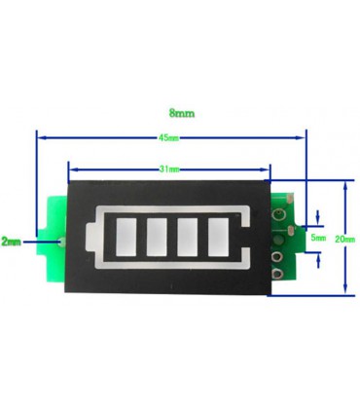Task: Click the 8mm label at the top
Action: coord(180,114)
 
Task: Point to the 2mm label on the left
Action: coord(11,240)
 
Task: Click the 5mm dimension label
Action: coord(318,238)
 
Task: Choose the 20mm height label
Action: coord(342,239)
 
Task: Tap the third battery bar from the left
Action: coord(190,235)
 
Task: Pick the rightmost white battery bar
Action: coord(220,235)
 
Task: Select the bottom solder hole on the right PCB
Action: coord(277,274)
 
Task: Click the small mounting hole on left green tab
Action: coord(60,238)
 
